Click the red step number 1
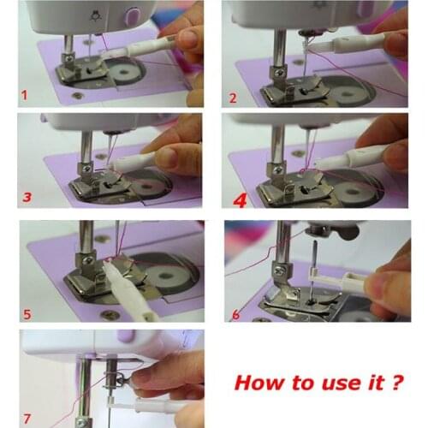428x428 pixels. click(x=25, y=94)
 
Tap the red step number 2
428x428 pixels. click(x=233, y=97)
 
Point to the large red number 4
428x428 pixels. click(x=238, y=199)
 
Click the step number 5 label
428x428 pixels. click(x=27, y=313)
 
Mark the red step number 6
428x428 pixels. click(x=235, y=314)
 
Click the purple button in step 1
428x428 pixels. click(x=132, y=15)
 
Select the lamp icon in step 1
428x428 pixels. click(x=94, y=15)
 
